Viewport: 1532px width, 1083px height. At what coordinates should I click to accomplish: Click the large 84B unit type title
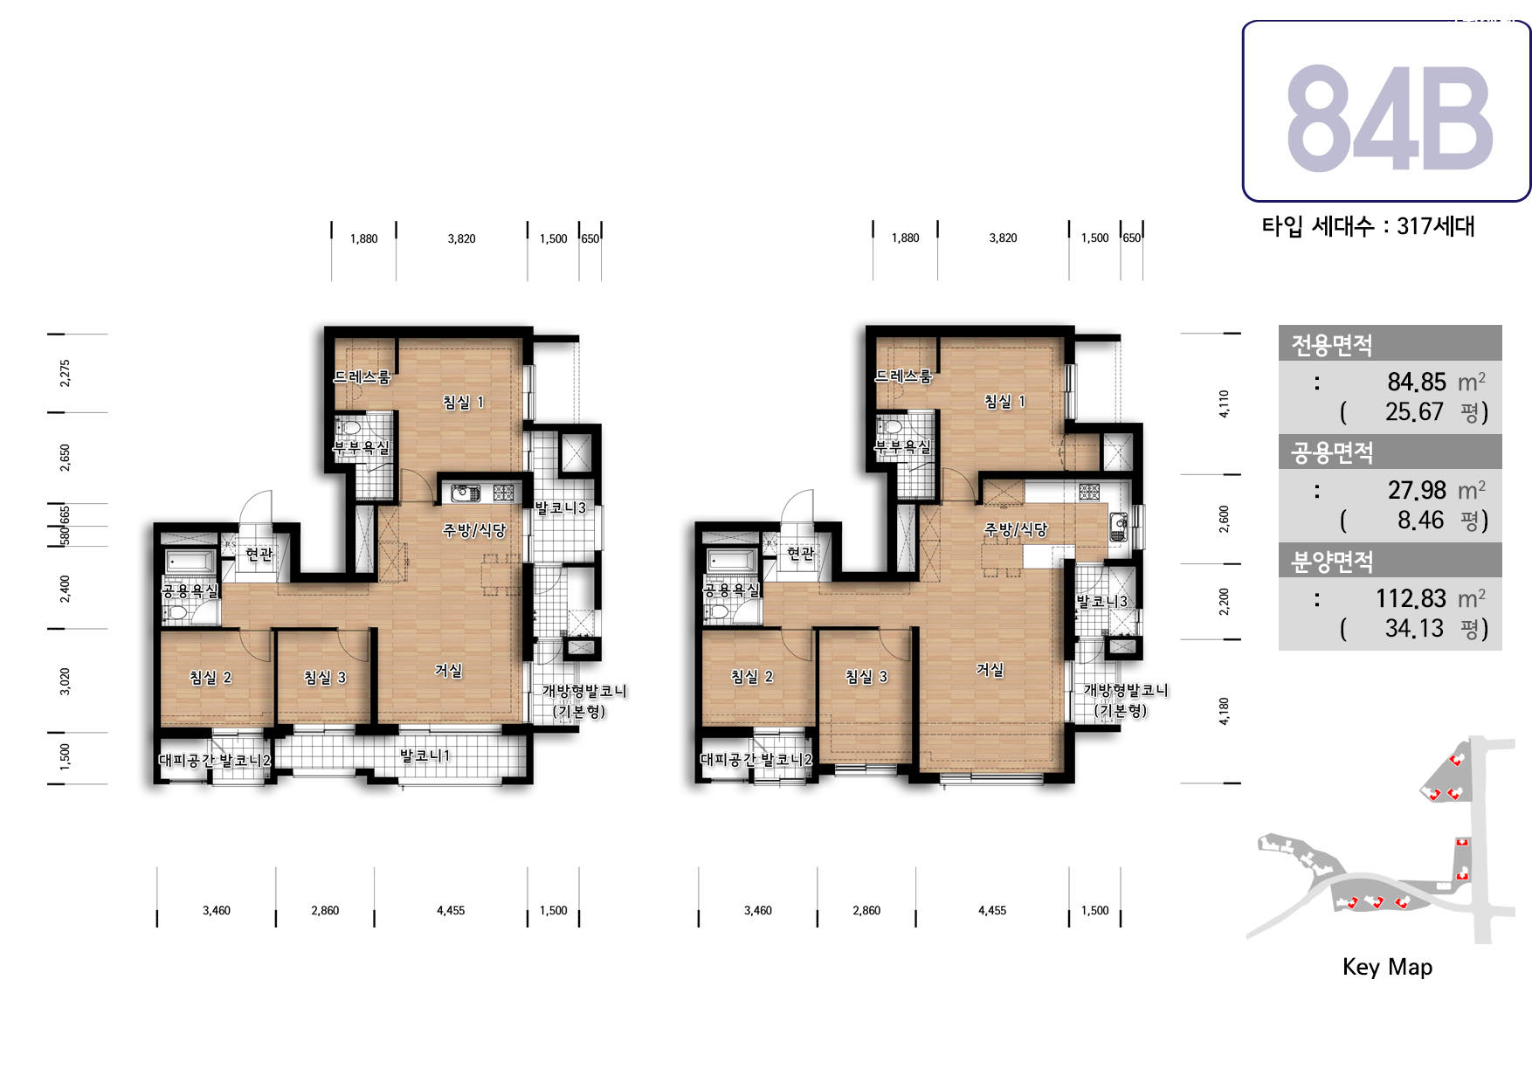pyautogui.click(x=1389, y=118)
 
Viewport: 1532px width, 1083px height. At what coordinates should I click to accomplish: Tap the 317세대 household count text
pyautogui.click(x=1435, y=226)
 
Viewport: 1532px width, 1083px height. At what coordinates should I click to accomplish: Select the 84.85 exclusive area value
pyautogui.click(x=1417, y=382)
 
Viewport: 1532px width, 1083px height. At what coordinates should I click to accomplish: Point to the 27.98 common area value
pyautogui.click(x=1417, y=490)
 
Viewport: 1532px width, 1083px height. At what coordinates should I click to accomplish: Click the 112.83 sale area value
pyautogui.click(x=1411, y=598)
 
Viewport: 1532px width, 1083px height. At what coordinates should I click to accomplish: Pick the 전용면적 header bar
pyautogui.click(x=1390, y=343)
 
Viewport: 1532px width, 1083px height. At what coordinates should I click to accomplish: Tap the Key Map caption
pyautogui.click(x=1387, y=967)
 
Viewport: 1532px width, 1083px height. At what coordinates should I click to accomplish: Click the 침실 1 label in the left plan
pyautogui.click(x=463, y=403)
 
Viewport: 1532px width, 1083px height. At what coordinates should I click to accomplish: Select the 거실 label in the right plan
pyautogui.click(x=990, y=670)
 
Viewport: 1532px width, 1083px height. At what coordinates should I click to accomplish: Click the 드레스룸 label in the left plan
pyautogui.click(x=362, y=377)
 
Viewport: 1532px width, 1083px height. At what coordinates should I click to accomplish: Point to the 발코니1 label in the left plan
pyautogui.click(x=425, y=755)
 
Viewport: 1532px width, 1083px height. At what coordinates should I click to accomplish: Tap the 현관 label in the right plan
pyautogui.click(x=800, y=553)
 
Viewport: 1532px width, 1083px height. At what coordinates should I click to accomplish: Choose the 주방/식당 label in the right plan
pyautogui.click(x=1016, y=529)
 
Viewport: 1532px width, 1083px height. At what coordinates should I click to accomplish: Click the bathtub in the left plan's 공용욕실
pyautogui.click(x=190, y=561)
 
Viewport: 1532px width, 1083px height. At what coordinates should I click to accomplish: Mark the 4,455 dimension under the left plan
pyautogui.click(x=451, y=910)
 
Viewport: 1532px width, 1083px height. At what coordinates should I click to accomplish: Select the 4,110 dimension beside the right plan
pyautogui.click(x=1224, y=404)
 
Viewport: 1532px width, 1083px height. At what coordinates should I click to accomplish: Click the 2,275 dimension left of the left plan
pyautogui.click(x=65, y=373)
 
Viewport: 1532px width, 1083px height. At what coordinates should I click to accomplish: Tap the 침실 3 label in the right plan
pyautogui.click(x=866, y=677)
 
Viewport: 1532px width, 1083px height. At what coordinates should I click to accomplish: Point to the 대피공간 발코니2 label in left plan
pyautogui.click(x=215, y=760)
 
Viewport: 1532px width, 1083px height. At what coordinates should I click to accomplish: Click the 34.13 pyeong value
pyautogui.click(x=1414, y=628)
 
